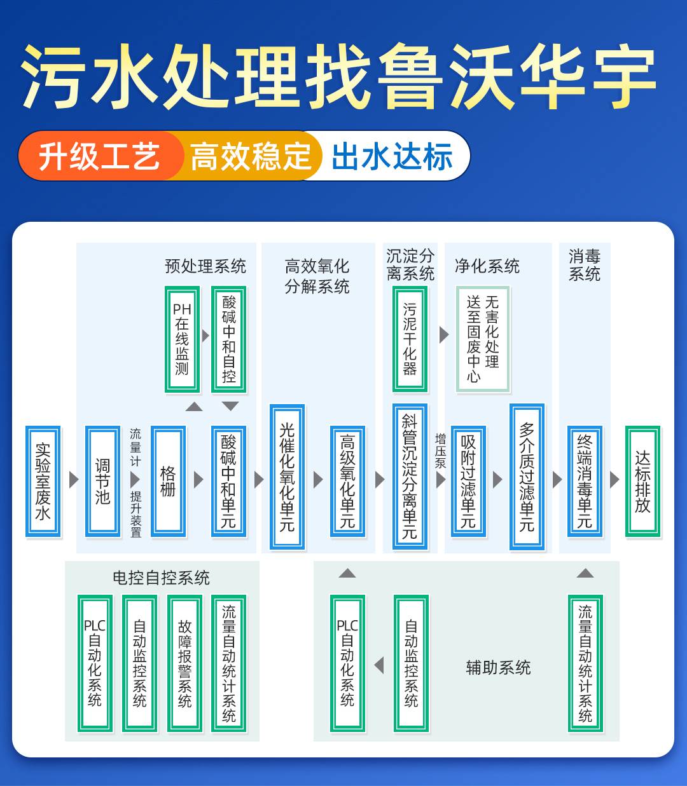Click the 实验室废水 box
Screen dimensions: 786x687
(x=43, y=481)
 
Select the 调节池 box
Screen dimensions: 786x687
(x=102, y=481)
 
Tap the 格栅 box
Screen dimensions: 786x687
(x=168, y=481)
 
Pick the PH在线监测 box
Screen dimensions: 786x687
(x=182, y=339)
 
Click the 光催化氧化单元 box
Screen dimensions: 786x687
(x=287, y=477)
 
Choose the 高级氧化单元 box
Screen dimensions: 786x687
(x=347, y=481)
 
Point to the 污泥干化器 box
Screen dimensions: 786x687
(x=410, y=339)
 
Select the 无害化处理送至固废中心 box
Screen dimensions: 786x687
(x=483, y=339)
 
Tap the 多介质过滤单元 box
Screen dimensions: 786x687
(x=527, y=477)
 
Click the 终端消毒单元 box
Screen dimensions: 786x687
(x=585, y=481)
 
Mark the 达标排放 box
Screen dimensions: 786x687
(x=642, y=481)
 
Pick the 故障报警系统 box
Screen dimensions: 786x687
(x=184, y=663)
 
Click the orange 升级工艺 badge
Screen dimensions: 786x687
(x=99, y=156)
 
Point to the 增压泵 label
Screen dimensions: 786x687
(x=440, y=451)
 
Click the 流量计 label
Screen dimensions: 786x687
(x=135, y=447)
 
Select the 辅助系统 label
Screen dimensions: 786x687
(x=498, y=667)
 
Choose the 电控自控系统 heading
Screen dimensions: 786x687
(x=161, y=578)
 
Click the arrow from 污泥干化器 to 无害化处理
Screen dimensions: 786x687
(x=444, y=335)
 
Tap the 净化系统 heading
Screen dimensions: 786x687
(x=487, y=266)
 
